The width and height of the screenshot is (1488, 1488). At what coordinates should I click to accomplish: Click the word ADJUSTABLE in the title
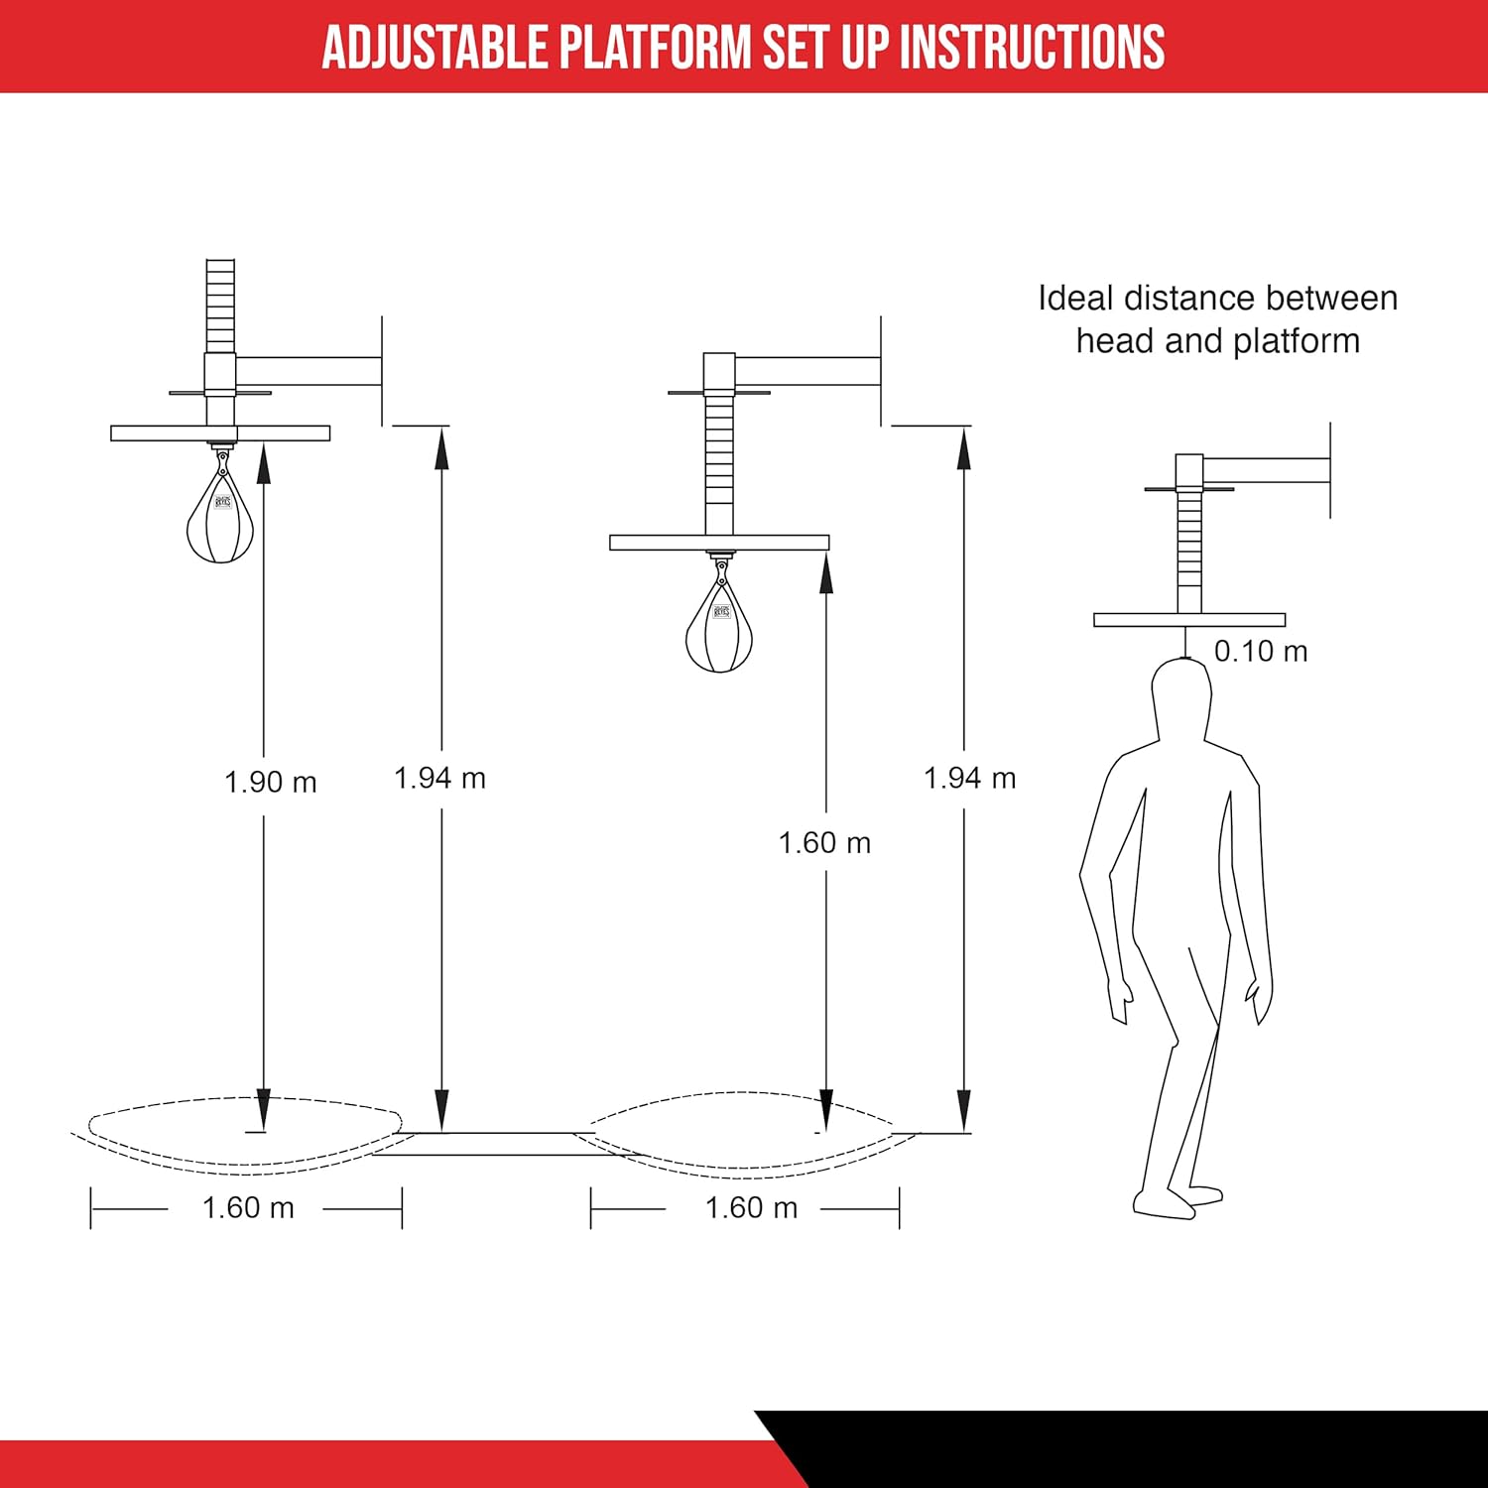click(435, 47)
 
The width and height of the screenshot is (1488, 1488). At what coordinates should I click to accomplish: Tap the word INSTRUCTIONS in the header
click(1032, 47)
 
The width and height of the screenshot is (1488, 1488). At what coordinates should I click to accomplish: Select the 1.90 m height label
click(270, 783)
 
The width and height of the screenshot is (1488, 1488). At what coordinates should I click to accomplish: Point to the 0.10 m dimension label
click(1261, 652)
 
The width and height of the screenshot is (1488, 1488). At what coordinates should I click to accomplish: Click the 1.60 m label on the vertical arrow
click(824, 843)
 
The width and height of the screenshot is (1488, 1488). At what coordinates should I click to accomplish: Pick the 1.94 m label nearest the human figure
click(969, 779)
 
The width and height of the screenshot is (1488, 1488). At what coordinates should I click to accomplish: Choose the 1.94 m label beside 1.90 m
click(439, 779)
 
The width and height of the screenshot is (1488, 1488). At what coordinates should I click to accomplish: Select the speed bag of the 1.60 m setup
click(719, 630)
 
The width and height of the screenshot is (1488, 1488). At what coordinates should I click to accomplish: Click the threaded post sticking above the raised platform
click(220, 306)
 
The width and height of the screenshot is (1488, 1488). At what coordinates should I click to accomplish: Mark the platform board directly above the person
click(1189, 620)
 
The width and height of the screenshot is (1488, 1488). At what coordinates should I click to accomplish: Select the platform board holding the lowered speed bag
click(719, 543)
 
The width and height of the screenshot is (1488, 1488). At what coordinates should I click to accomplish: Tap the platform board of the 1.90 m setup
click(220, 434)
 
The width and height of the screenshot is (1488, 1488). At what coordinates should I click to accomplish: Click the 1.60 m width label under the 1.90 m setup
click(248, 1208)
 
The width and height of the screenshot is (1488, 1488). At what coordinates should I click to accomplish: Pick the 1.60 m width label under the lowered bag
click(751, 1208)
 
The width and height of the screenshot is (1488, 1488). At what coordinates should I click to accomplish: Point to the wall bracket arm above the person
click(1266, 470)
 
